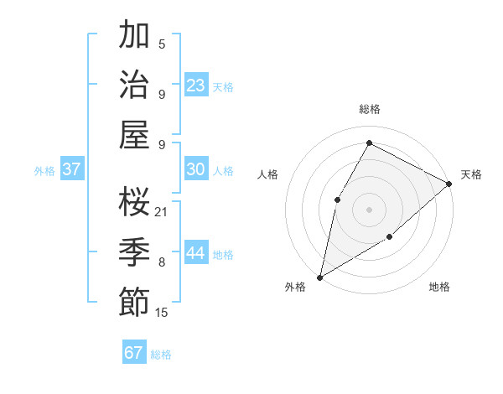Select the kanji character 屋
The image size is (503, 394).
point(134,134)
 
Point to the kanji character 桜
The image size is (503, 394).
point(134,201)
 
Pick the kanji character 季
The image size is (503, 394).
point(134,251)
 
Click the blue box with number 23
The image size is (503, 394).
point(196,86)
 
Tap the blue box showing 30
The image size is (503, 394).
point(196,169)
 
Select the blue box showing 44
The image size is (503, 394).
point(196,253)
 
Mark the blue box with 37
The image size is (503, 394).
point(72,169)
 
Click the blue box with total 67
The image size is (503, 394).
point(134,353)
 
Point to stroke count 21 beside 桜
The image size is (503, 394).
point(162,211)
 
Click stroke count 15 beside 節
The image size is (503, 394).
point(162,313)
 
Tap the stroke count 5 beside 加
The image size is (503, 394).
point(162,44)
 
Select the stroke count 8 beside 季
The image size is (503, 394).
point(162,262)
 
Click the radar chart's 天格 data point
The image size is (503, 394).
point(449,184)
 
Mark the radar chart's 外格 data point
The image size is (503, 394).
point(319,277)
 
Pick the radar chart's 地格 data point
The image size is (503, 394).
point(390,237)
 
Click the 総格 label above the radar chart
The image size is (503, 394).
point(369,109)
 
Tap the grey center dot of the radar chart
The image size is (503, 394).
point(369,209)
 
